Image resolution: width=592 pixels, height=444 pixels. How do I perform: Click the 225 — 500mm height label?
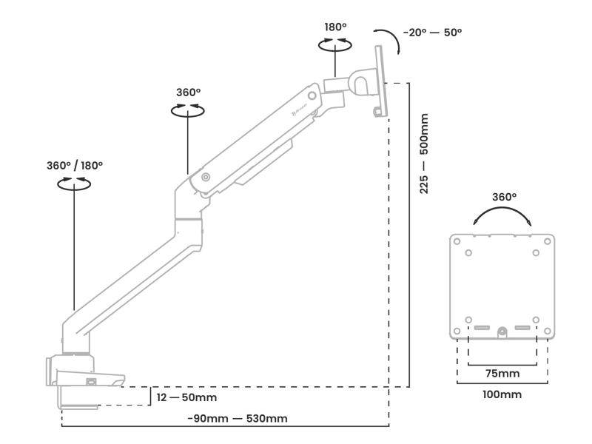424,154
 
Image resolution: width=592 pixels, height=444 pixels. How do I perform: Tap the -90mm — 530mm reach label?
237,419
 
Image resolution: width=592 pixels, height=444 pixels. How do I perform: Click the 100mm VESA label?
501,394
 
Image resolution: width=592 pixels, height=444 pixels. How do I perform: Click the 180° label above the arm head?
335,27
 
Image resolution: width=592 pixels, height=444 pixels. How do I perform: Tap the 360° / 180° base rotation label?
75,165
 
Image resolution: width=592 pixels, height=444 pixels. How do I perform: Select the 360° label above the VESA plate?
504,197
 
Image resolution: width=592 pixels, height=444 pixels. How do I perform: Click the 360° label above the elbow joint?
188,92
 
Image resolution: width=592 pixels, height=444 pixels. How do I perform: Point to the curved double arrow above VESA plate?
503,216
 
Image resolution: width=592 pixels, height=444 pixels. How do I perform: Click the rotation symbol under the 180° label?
335,46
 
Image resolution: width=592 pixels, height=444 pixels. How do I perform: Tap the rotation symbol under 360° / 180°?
75,184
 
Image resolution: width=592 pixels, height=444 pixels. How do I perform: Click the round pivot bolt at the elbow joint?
205,178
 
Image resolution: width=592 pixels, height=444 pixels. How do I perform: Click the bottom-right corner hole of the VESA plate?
548,331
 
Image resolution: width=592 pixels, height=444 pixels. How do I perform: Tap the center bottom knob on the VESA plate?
502,332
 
